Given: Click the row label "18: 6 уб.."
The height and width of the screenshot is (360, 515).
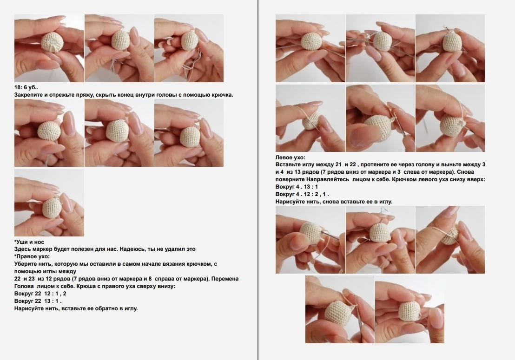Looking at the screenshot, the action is [x=26, y=88].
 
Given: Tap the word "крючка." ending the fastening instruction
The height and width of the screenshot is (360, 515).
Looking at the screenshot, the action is [x=222, y=95].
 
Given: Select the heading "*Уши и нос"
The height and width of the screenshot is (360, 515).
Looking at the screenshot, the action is [x=29, y=242].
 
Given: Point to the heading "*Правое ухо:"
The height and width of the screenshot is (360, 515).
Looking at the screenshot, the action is [x=32, y=256].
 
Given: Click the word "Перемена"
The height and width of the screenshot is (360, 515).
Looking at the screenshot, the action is [x=225, y=279].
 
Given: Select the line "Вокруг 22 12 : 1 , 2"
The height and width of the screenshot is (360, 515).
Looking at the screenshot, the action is [x=40, y=294].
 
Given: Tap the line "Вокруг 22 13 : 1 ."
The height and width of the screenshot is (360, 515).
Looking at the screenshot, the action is [x=38, y=301].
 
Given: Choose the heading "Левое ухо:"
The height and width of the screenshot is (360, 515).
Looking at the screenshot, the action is [x=291, y=157].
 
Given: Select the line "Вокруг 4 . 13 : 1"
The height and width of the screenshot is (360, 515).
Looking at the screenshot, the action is [x=297, y=187].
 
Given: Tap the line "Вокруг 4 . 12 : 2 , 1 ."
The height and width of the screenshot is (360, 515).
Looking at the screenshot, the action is [x=302, y=194].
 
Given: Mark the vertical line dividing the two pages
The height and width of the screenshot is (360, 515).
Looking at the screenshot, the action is [x=258, y=180].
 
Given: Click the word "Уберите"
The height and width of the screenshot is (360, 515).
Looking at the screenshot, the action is [x=25, y=264].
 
